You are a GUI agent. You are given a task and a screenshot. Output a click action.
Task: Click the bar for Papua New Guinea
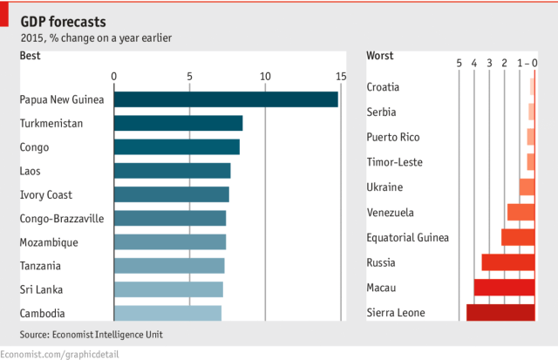click(226, 99)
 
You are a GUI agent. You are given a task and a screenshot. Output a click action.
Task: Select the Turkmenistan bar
click(178, 123)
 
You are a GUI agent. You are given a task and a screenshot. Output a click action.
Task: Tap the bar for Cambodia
click(167, 313)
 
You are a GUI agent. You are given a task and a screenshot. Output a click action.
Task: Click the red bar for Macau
click(504, 287)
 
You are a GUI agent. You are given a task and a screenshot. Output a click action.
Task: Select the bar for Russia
click(508, 262)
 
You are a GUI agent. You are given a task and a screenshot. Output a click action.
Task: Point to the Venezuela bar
click(521, 212)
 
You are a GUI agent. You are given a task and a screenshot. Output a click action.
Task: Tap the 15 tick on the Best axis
click(341, 76)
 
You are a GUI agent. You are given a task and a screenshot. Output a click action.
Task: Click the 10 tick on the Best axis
click(265, 76)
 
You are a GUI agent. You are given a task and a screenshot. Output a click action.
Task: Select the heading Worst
click(380, 56)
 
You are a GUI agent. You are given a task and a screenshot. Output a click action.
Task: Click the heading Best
click(31, 56)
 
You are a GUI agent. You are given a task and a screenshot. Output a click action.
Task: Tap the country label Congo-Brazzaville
click(62, 218)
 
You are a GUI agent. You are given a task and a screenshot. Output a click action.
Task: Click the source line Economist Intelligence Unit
click(91, 335)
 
